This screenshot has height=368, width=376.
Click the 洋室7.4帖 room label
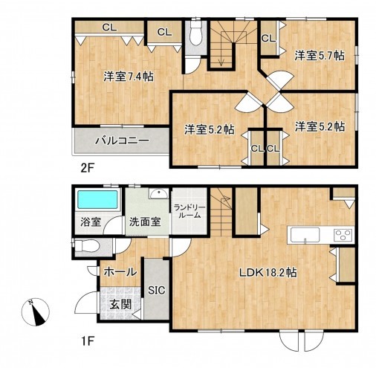pyautogui.click(x=129, y=77)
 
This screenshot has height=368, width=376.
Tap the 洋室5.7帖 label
pyautogui.click(x=320, y=55)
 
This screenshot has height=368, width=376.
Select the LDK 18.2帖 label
pyautogui.click(x=268, y=273)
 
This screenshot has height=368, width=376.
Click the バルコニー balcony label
pyautogui.click(x=123, y=141)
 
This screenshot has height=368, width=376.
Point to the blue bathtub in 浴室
pyautogui.click(x=97, y=199)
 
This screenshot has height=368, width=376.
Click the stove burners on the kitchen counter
pyautogui.click(x=343, y=235)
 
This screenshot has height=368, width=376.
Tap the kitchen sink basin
pyautogui.click(x=305, y=235)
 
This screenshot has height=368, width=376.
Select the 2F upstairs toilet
pyautogui.click(x=196, y=33)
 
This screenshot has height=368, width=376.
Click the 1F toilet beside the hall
pyautogui.click(x=87, y=246)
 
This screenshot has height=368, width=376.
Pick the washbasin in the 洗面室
pyautogui.click(x=158, y=193)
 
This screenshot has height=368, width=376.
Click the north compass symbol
pyautogui.click(x=36, y=312)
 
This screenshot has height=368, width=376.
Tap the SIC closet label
pyautogui.click(x=157, y=290)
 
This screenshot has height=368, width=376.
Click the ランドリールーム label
pyautogui.click(x=189, y=211)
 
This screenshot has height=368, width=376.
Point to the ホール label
pyautogui.click(x=120, y=272)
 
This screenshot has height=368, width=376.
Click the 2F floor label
pyautogui.click(x=87, y=168)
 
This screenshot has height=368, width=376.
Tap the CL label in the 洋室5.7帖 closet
pyautogui.click(x=268, y=39)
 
